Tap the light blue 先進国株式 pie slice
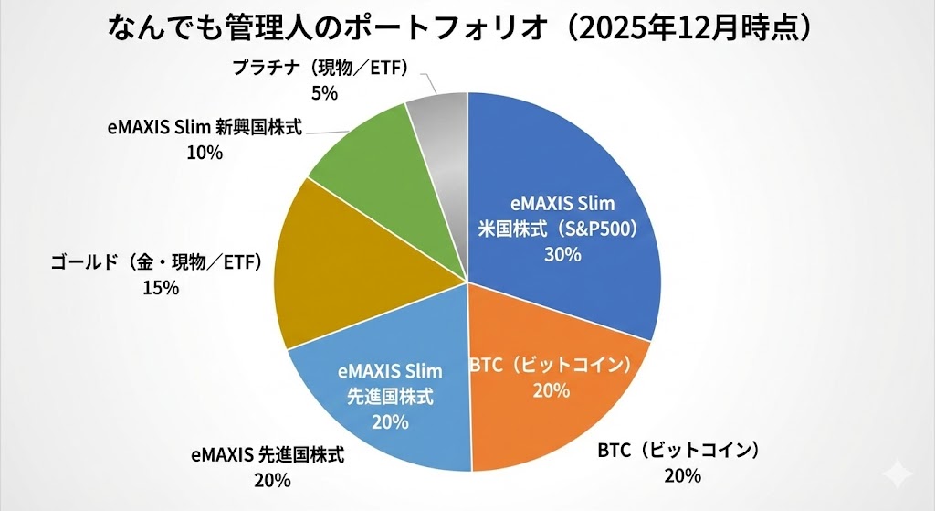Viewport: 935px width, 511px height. pos(383,402)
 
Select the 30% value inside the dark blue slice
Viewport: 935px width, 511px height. pos(562,254)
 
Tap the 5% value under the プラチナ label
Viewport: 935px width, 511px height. pos(325,92)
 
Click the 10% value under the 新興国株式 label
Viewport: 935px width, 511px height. pos(204,153)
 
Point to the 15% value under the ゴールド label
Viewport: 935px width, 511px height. pos(160,287)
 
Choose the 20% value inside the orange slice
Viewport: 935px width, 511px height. pos(552,390)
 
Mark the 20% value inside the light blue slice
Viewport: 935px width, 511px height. pos(390,421)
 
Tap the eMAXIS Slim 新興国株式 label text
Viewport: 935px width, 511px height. pos(204,128)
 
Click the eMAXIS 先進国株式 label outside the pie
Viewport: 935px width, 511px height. pos(268,454)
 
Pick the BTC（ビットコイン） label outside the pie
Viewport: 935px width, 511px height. pos(679,451)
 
